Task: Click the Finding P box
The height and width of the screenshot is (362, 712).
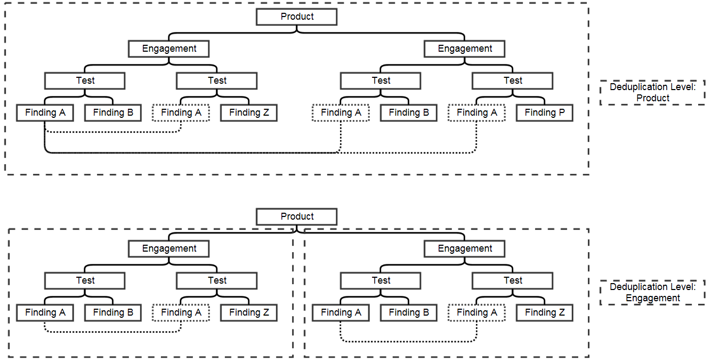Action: (544, 113)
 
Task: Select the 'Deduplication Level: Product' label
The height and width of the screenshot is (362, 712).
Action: (652, 93)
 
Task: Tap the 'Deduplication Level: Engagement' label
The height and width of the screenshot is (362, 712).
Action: (652, 293)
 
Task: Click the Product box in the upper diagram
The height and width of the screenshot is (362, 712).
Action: (297, 17)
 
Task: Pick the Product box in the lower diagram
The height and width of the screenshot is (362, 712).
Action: (297, 217)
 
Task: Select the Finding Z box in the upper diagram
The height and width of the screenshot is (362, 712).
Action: (249, 113)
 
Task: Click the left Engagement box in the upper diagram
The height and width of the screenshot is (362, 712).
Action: (169, 49)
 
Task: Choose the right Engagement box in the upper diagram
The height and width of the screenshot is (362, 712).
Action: (465, 49)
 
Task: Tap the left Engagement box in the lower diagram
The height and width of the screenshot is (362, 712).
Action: (169, 249)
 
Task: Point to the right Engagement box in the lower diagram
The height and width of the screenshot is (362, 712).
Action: (465, 249)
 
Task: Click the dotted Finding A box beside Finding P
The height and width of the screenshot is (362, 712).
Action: (476, 113)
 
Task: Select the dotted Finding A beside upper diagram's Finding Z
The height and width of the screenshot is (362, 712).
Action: (181, 113)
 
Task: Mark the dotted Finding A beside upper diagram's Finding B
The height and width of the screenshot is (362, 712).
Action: (341, 113)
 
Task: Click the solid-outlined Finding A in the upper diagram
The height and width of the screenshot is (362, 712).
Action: (45, 113)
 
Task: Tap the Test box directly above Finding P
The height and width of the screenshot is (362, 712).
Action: (513, 81)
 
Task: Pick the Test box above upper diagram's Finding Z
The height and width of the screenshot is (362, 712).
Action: (217, 81)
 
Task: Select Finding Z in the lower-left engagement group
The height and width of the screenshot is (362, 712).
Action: (249, 313)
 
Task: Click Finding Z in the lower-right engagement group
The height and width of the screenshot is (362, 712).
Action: (544, 313)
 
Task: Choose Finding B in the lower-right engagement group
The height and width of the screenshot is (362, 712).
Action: (408, 313)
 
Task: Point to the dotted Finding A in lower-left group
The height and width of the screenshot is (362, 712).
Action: (181, 313)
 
